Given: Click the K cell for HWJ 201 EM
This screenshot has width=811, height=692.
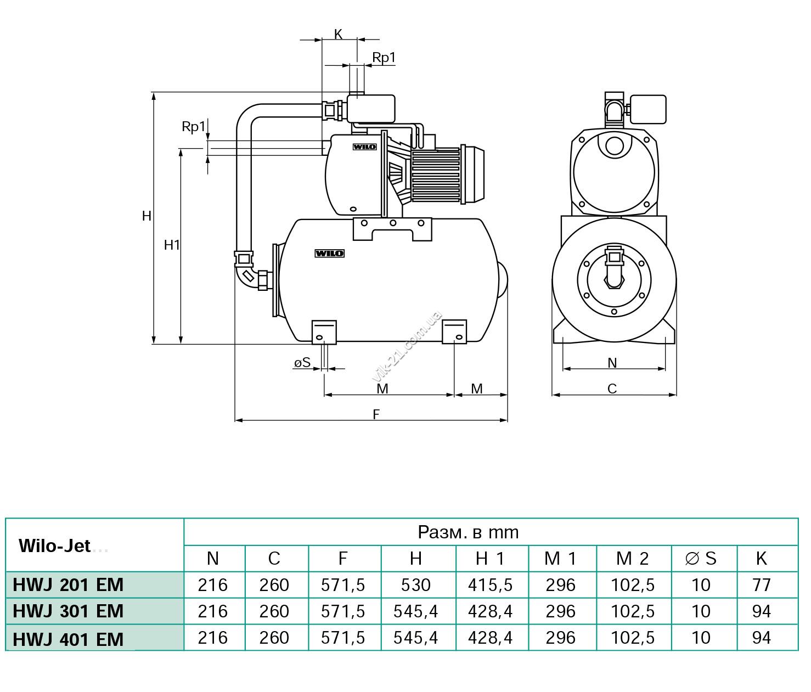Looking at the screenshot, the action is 761,585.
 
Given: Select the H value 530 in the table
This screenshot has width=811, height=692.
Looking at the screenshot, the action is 415,585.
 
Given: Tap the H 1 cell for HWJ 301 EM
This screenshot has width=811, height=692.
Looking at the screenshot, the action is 490,611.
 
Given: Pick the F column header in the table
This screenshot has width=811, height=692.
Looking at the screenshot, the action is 343,559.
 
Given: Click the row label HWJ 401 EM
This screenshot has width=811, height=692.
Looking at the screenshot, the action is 68,639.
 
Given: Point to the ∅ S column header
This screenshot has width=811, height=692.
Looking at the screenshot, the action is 701,559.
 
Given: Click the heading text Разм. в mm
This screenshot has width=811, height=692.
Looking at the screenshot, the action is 468,533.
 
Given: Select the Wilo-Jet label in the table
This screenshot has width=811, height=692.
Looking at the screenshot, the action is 54,546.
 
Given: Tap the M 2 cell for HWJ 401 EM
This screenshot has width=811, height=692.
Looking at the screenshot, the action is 633,638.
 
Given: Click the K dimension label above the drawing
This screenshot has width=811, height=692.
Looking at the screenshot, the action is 338,35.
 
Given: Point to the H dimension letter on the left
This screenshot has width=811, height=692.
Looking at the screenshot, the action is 147,216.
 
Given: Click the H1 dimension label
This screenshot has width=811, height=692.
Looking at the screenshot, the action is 172,245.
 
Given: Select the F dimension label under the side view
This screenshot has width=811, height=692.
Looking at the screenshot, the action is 376,414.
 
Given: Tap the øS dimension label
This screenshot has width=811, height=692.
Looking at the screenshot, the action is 302,363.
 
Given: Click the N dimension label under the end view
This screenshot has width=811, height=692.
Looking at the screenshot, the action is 612,363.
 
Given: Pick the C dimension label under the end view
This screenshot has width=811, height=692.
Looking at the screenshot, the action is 612,389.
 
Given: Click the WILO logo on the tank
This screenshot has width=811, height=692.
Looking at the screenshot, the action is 330,254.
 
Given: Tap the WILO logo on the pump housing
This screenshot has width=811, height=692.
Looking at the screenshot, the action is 364,147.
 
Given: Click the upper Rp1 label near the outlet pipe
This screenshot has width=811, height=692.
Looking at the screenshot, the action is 384,57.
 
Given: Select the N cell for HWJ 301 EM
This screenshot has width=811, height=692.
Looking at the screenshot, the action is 213,611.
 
